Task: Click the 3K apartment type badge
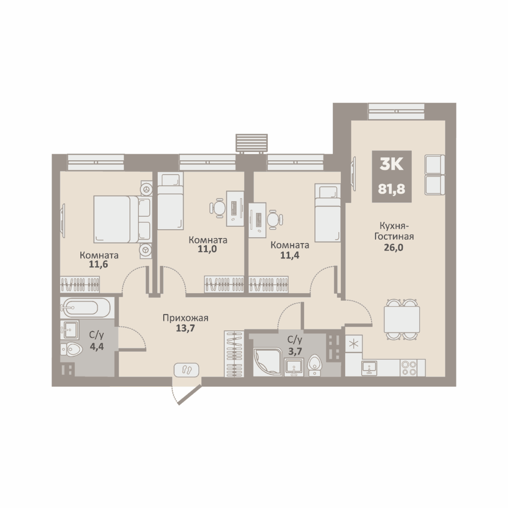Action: pyautogui.click(x=391, y=165)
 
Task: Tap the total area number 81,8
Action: pyautogui.click(x=391, y=189)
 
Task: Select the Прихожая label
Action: pyautogui.click(x=186, y=318)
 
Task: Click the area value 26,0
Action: pyautogui.click(x=393, y=248)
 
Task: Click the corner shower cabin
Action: pyautogui.click(x=267, y=362)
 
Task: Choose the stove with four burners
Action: pyautogui.click(x=409, y=368)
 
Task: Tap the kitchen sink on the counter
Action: pyautogui.click(x=369, y=368)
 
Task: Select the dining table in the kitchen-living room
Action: pyautogui.click(x=402, y=319)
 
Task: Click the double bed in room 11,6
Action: pyautogui.click(x=123, y=219)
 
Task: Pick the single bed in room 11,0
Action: pyautogui.click(x=171, y=201)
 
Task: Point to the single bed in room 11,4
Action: pyautogui.click(x=327, y=212)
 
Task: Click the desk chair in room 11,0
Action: pyautogui.click(x=217, y=208)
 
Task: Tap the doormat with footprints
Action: pyautogui.click(x=187, y=370)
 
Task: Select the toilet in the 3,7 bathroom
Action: pyautogui.click(x=314, y=365)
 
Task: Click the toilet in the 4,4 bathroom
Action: pyautogui.click(x=70, y=349)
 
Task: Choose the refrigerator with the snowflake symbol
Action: pyautogui.click(x=354, y=344)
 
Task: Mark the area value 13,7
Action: pyautogui.click(x=186, y=328)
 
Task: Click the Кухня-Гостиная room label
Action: pyautogui.click(x=394, y=231)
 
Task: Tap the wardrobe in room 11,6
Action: pyautogui.click(x=80, y=284)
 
